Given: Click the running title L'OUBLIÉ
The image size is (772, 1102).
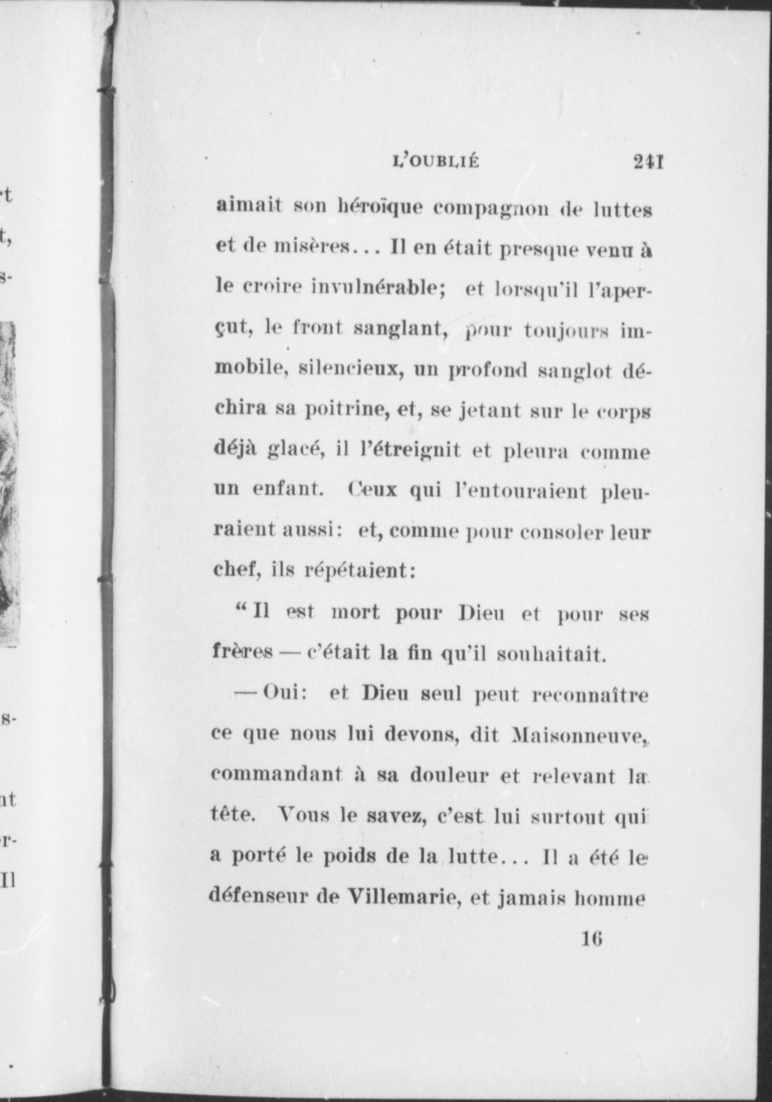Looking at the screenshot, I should (x=435, y=162).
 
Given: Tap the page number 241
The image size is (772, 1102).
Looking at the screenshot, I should (x=649, y=162).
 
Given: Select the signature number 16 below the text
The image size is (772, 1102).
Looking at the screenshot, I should (x=592, y=940).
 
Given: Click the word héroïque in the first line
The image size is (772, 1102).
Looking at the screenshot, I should (x=379, y=207).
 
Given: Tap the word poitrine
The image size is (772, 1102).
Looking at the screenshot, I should (x=344, y=410).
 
